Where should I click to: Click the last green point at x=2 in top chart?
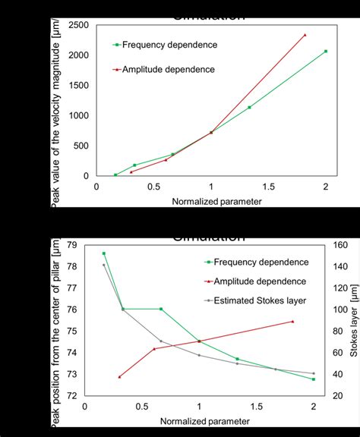[326, 52]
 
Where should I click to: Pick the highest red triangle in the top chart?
[305, 35]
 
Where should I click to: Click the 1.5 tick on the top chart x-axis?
[268, 187]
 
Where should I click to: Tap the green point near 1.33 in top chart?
[249, 107]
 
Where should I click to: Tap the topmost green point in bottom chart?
[104, 253]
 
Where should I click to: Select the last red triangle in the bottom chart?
[292, 321]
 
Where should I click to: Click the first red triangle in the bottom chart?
[119, 376]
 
